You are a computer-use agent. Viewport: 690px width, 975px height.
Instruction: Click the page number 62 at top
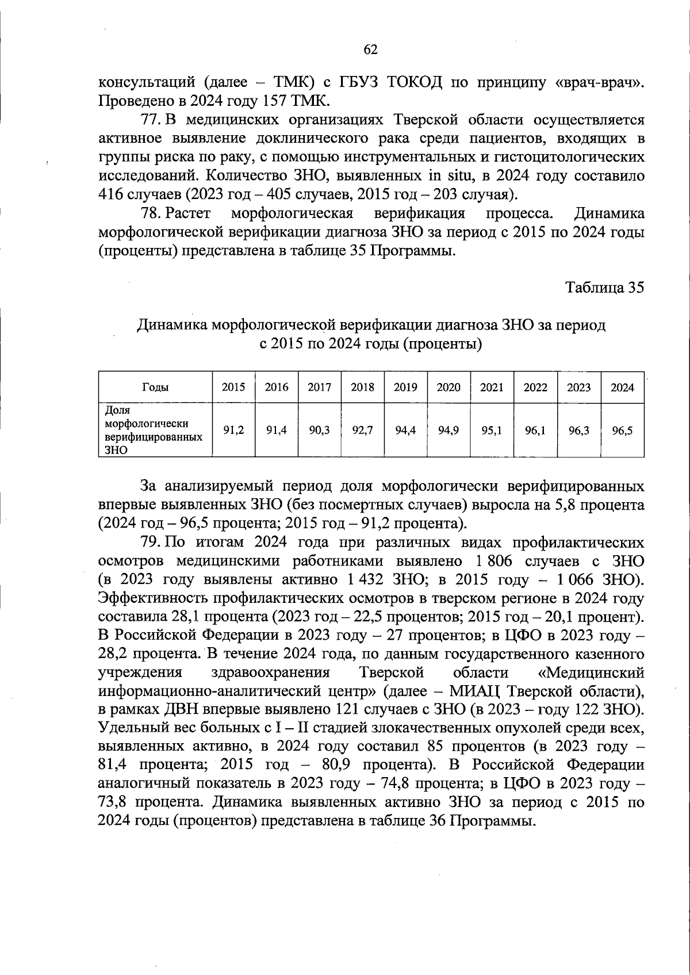[370, 50]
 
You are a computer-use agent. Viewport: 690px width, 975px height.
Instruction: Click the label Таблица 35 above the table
[605, 287]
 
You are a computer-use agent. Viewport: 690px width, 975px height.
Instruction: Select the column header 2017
[319, 387]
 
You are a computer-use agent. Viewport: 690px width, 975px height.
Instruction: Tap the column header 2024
[622, 387]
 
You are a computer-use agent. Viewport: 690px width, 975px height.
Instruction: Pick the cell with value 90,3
[319, 430]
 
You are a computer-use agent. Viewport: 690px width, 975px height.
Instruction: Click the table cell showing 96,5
[622, 430]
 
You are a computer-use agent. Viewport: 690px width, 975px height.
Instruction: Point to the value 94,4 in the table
[405, 430]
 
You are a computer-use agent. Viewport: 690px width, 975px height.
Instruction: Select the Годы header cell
[155, 387]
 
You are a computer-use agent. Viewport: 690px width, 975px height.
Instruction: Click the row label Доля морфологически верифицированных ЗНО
[153, 430]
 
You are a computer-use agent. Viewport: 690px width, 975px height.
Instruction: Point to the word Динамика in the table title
[172, 326]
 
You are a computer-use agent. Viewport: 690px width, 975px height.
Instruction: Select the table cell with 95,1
[492, 430]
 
